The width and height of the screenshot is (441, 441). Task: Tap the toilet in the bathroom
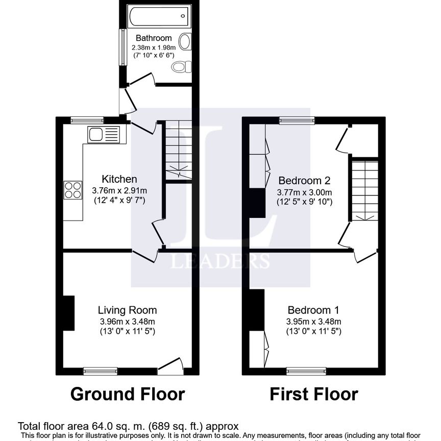(182, 67)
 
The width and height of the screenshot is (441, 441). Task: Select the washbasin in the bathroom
(185, 42)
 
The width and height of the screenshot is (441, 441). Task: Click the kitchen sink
(103, 135)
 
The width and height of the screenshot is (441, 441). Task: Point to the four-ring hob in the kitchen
(73, 190)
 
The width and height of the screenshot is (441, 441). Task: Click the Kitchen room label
(119, 179)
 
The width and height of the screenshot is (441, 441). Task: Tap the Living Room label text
(127, 310)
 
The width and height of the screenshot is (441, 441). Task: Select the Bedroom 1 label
(313, 310)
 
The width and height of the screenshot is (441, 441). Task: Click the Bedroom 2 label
(304, 180)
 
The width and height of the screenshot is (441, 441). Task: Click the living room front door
(170, 366)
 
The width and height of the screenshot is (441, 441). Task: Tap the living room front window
(101, 371)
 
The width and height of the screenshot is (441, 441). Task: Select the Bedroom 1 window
(306, 371)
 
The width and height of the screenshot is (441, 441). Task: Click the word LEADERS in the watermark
(220, 261)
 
